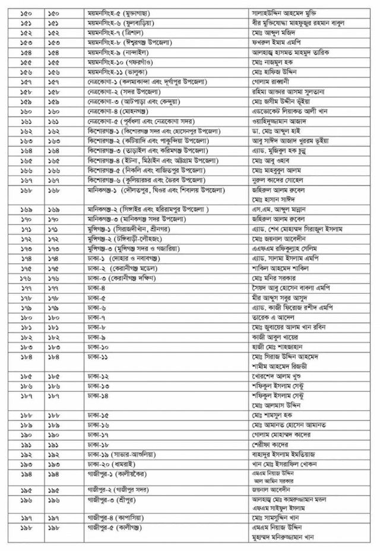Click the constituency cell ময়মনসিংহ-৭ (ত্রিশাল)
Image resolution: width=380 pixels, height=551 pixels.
113,32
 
